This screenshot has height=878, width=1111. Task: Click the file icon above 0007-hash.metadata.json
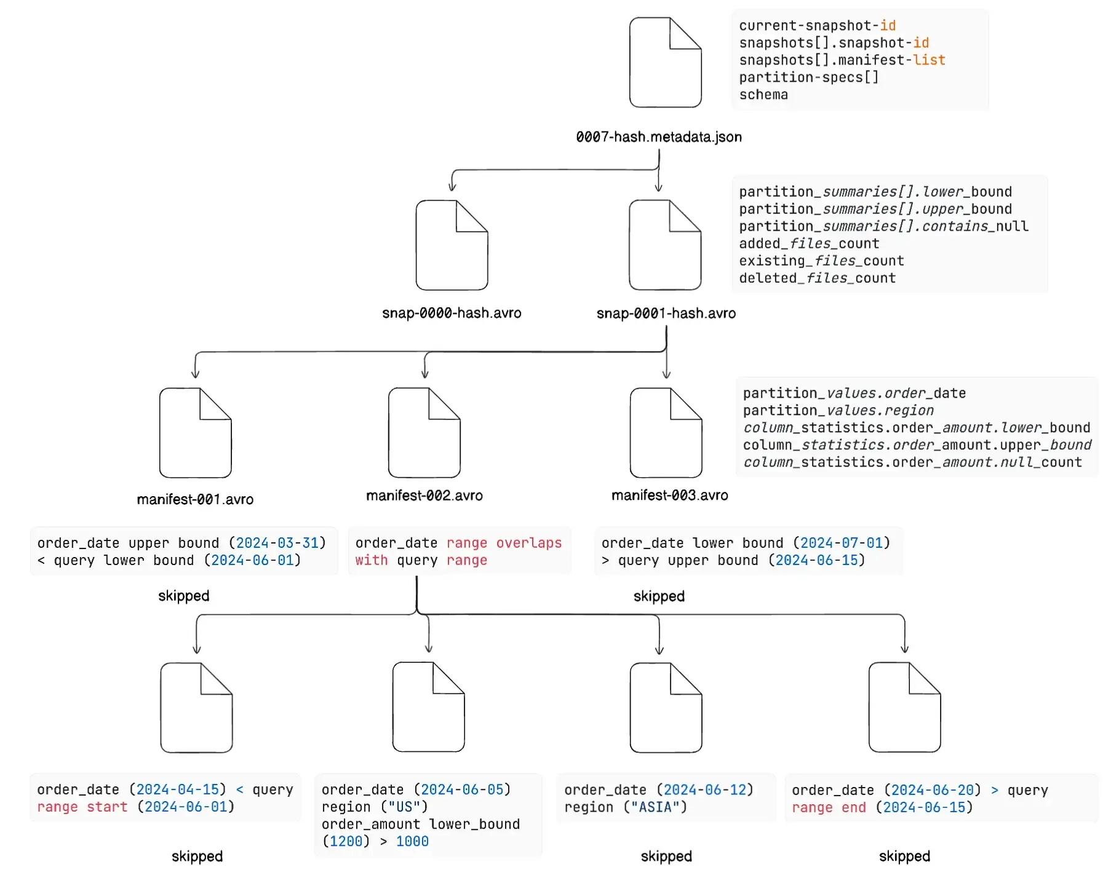[665, 63]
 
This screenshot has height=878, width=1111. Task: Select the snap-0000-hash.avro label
[452, 313]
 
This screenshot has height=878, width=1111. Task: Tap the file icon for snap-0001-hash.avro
[665, 245]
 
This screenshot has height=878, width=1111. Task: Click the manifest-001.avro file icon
[196, 433]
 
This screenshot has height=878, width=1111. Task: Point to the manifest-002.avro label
[424, 496]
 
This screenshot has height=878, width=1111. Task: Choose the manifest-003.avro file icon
[666, 433]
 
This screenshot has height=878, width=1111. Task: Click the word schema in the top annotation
[763, 95]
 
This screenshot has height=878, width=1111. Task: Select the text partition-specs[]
[808, 77]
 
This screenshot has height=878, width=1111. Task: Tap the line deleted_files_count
[817, 278]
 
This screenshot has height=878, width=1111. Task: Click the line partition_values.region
[838, 410]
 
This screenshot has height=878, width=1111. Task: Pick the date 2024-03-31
[277, 543]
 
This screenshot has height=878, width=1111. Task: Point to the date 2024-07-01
[841, 543]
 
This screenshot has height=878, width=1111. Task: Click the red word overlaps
[529, 543]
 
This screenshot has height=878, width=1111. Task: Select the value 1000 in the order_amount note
[412, 841]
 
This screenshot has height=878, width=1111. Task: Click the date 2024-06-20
[933, 790]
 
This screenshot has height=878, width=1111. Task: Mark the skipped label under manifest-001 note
[184, 596]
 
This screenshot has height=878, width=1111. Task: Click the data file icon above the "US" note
[429, 707]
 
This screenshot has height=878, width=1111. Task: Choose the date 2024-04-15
[178, 789]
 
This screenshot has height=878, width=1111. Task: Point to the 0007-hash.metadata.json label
[659, 137]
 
